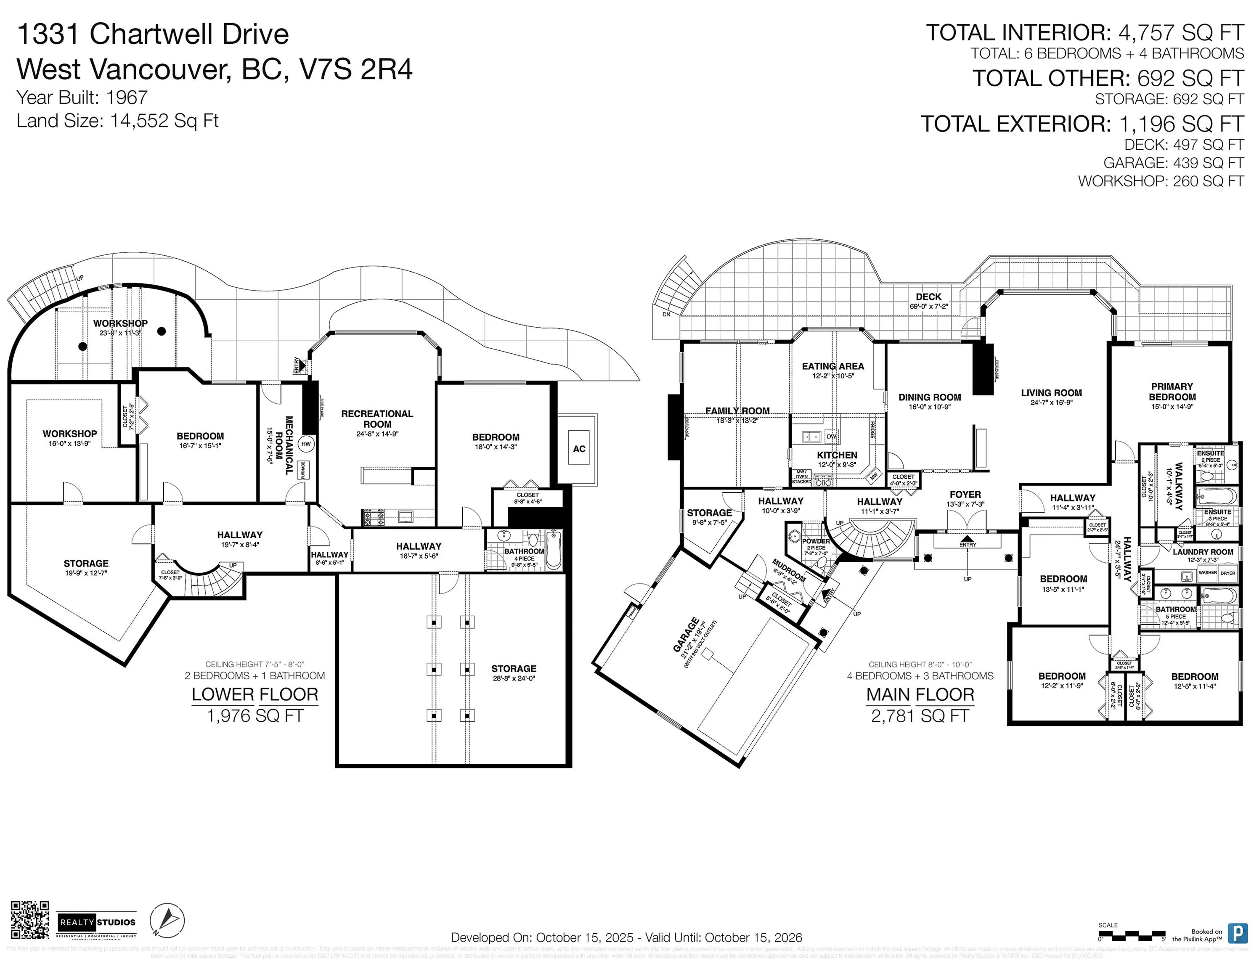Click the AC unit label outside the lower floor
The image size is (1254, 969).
tap(579, 449)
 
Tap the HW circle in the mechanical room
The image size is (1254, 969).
tap(307, 444)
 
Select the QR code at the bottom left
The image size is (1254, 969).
tap(30, 920)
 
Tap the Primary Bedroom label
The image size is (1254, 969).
tap(1172, 392)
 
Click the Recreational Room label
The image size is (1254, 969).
tap(376, 419)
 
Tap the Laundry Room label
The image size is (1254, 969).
tap(1202, 552)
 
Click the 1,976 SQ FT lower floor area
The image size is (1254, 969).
tap(255, 716)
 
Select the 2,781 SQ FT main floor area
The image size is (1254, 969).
tap(920, 716)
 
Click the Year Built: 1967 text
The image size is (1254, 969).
tap(82, 98)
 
